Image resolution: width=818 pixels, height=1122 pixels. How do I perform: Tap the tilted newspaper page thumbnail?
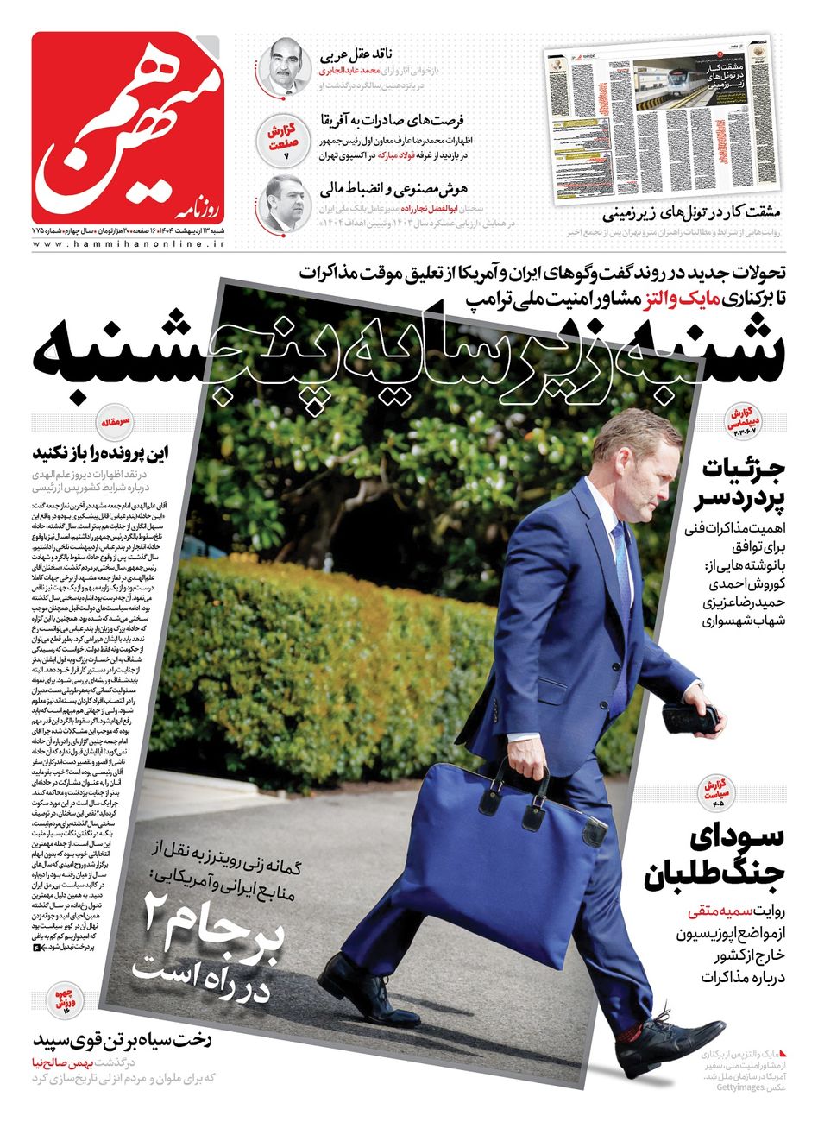pos(660,121)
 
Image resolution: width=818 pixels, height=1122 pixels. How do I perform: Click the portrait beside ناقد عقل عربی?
pos(285,66)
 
